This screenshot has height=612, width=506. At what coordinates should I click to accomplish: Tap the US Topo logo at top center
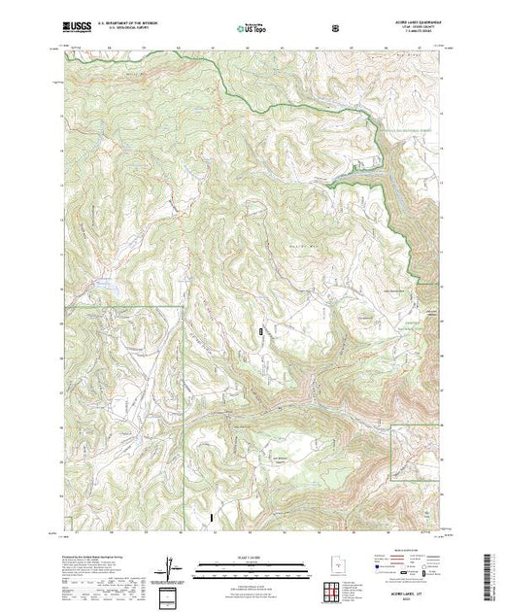249,28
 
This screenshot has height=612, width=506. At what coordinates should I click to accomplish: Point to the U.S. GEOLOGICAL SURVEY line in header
128,28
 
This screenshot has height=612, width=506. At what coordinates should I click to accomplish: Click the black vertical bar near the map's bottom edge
210,520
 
